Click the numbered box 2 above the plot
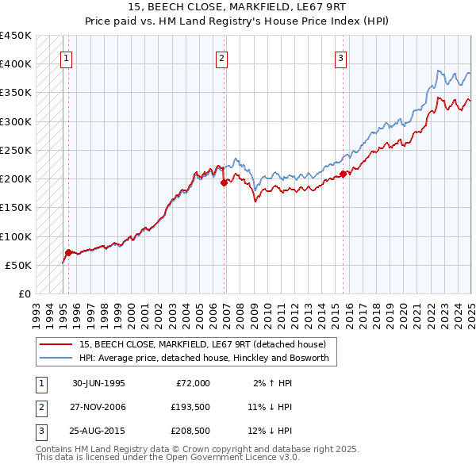221,57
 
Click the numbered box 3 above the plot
340,57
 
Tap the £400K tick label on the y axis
16,64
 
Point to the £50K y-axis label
18,265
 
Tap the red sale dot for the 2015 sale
344,174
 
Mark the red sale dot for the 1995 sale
69,252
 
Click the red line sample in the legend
56,344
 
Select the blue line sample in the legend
56,358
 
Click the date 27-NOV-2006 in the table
98,407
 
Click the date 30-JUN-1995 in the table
98,383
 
